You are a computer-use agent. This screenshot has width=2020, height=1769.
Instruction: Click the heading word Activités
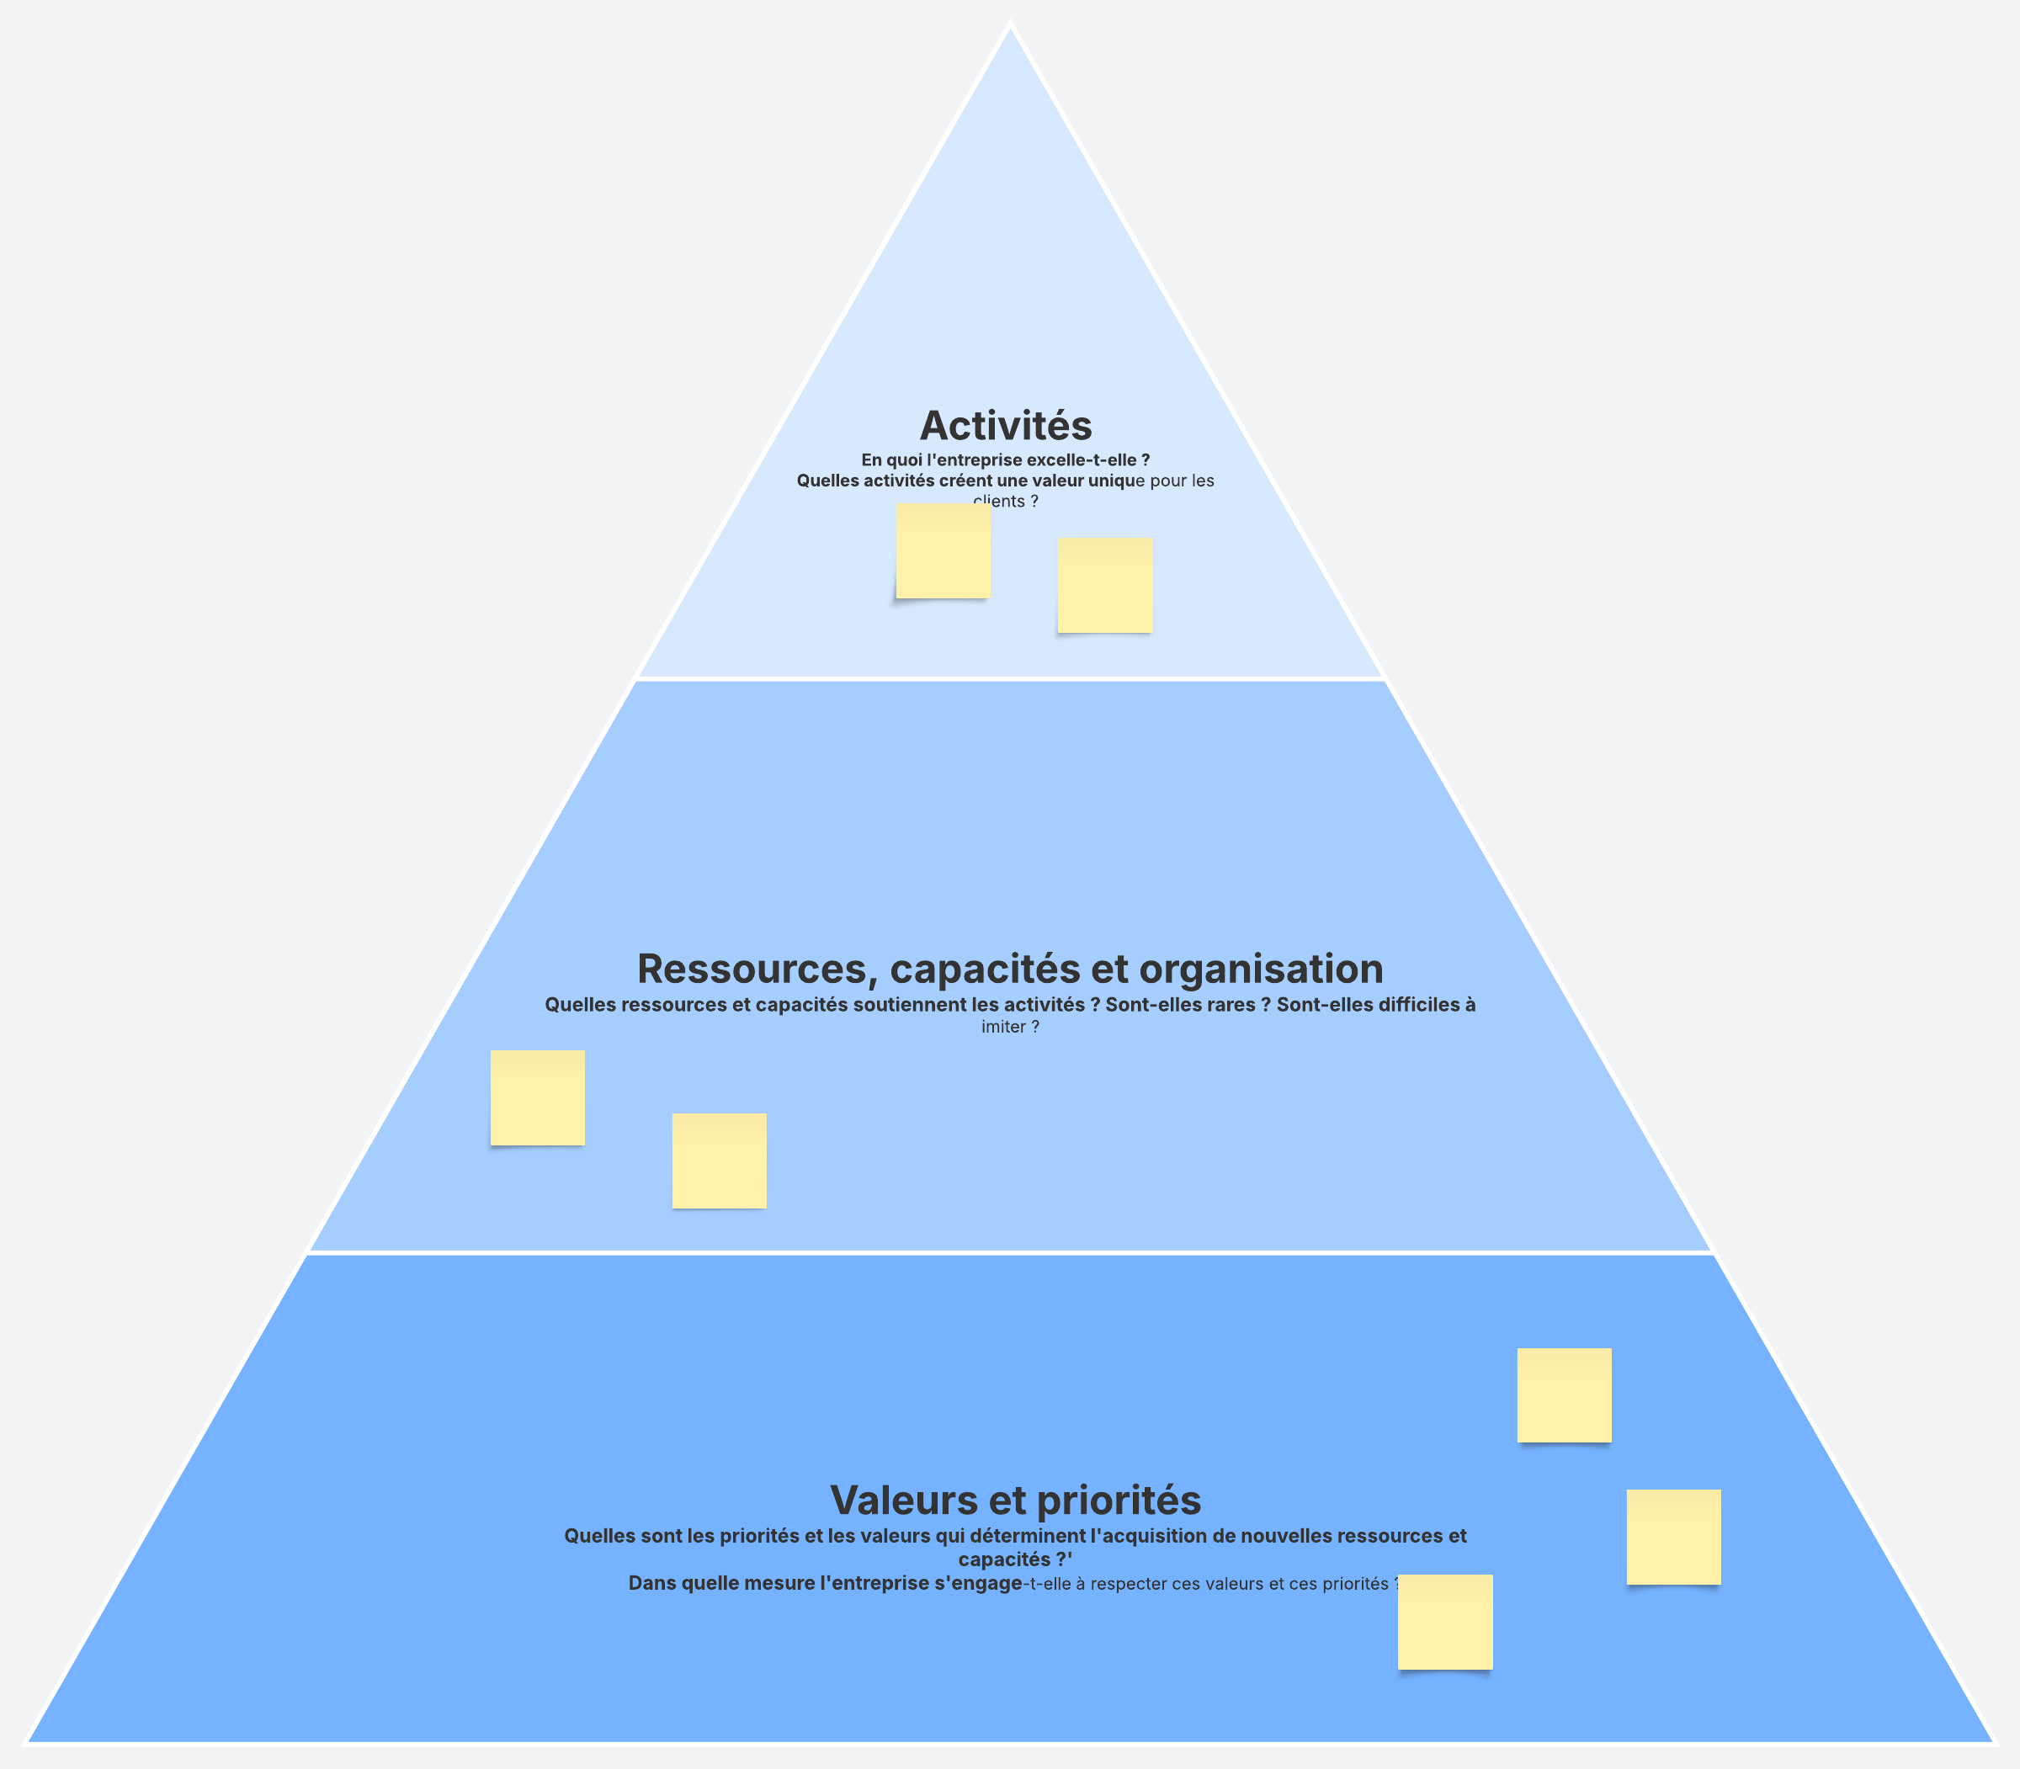pyautogui.click(x=1005, y=427)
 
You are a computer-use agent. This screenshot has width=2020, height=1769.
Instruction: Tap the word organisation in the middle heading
pyautogui.click(x=1261, y=969)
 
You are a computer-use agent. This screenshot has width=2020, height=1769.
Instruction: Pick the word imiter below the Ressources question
pyautogui.click(x=1003, y=1027)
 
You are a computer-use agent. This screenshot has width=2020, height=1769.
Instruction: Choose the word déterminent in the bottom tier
pyautogui.click(x=1028, y=1536)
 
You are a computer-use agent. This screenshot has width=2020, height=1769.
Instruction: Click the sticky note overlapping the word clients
pyautogui.click(x=943, y=551)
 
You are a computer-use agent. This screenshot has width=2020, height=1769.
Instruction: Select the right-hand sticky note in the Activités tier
pyautogui.click(x=1105, y=586)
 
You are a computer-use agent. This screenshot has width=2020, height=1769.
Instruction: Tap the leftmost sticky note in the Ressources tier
pyautogui.click(x=537, y=1097)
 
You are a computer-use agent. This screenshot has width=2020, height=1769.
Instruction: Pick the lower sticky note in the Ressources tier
pyautogui.click(x=719, y=1161)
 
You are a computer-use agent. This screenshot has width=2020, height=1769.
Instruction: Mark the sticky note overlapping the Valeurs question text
pyautogui.click(x=1444, y=1622)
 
